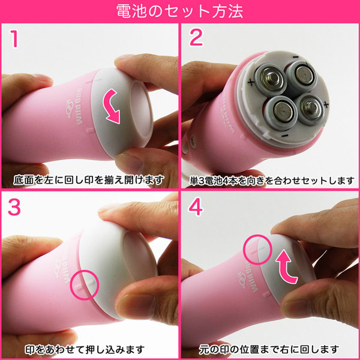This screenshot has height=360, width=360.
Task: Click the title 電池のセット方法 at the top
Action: pos(180,11)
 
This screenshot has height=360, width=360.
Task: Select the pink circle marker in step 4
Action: pos(258,249)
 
